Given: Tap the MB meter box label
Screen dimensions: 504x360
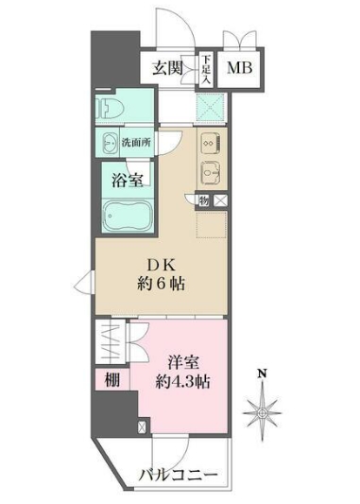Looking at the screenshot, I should coord(239,68).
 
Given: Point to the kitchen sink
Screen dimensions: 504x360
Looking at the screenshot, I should coord(211,176).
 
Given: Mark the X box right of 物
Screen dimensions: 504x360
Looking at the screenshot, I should coord(220,200).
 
